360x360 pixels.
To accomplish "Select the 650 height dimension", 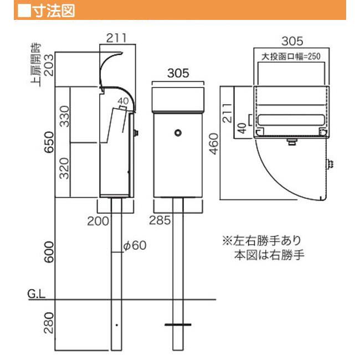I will click(x=49, y=142).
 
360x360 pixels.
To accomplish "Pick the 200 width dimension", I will click(x=97, y=222).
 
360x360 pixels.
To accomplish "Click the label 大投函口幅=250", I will click(x=291, y=56).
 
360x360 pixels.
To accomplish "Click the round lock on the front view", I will click(x=177, y=133).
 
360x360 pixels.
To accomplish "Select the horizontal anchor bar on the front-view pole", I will click(x=177, y=324).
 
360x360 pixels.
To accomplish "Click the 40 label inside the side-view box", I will click(x=123, y=101).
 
